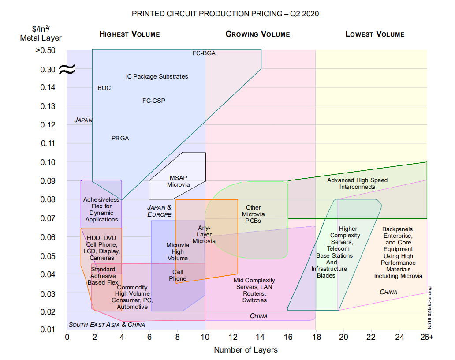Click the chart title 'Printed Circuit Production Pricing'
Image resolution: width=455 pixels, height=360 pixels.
225,14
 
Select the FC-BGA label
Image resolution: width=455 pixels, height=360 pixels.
204,53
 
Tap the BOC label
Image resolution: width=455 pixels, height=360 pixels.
104,88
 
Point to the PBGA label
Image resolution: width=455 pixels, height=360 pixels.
120,138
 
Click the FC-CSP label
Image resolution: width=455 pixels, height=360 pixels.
154,101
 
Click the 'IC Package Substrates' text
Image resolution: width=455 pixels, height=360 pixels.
157,76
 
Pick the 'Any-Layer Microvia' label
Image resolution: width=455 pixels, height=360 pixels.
204,234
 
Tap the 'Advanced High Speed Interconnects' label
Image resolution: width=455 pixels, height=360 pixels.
357,183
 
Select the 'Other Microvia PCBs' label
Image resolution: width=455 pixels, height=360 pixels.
253,214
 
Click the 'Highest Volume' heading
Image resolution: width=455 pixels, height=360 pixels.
130,34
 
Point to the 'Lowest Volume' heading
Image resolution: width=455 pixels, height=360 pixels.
375,34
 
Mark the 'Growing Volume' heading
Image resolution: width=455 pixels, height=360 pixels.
257,34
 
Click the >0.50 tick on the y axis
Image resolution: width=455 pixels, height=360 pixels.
45,50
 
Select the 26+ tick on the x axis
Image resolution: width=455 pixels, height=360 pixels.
426,337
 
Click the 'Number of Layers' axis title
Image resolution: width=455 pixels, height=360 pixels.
246,350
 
